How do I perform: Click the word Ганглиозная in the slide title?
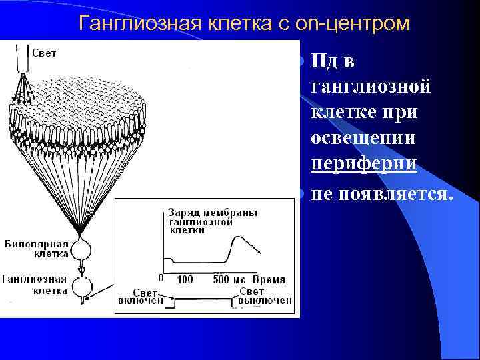(x=138, y=23)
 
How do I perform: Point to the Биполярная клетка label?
(x=34, y=249)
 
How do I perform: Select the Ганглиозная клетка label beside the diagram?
(x=34, y=285)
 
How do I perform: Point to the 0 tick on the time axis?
(x=160, y=279)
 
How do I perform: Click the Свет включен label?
(x=147, y=297)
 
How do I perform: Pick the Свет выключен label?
(x=261, y=297)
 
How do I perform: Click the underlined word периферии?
(x=364, y=165)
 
